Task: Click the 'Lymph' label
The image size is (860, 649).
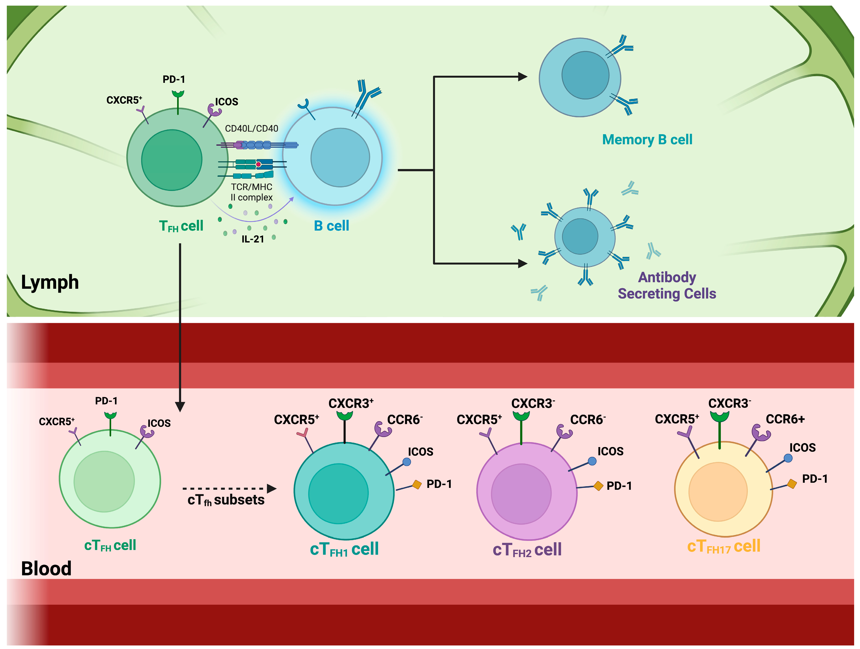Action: click(x=50, y=282)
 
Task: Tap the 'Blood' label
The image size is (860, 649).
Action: click(x=46, y=569)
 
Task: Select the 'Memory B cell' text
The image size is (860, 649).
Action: click(x=647, y=139)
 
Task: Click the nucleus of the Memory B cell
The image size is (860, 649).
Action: click(x=585, y=75)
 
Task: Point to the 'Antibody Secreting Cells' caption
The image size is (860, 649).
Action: click(x=667, y=285)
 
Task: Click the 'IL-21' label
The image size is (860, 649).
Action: click(x=253, y=239)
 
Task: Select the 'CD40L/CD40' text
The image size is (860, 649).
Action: click(x=252, y=129)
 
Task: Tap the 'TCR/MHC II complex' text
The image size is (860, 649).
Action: click(x=252, y=192)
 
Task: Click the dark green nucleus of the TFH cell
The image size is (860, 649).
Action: click(x=171, y=160)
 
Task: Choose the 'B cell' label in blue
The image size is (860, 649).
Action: click(x=331, y=226)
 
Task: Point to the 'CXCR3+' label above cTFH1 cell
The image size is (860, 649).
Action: click(x=351, y=403)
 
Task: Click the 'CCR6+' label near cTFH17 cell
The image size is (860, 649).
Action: click(x=785, y=419)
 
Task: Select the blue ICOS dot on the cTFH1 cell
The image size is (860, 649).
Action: click(x=407, y=462)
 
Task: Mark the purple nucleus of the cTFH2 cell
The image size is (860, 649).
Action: click(x=521, y=494)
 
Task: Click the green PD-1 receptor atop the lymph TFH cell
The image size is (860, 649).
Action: click(x=178, y=94)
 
